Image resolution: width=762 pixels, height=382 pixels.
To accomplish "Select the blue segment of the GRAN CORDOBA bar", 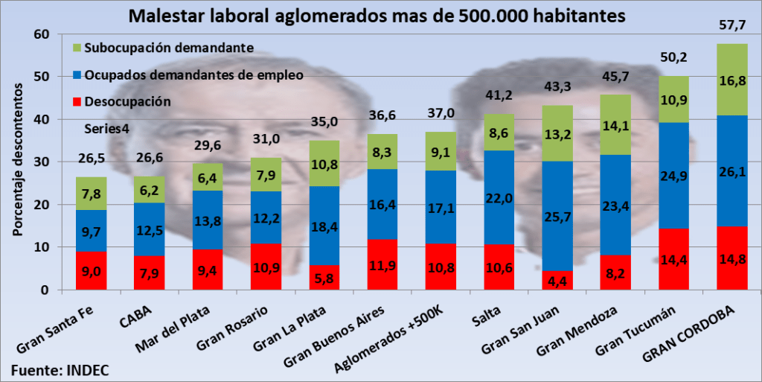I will tap(731, 171).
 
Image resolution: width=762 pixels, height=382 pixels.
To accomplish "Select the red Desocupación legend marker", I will tap(77, 101).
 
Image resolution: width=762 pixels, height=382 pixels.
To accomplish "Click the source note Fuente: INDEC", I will tap(56, 369).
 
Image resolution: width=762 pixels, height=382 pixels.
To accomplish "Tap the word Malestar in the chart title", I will tap(163, 14).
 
